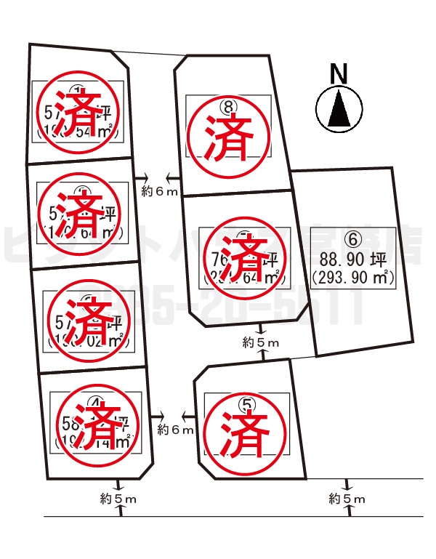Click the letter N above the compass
pyautogui.click(x=338, y=74)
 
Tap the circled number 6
pyautogui.click(x=352, y=238)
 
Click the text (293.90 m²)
pyautogui.click(x=352, y=276)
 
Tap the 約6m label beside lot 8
pyautogui.click(x=159, y=191)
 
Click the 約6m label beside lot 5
pyautogui.click(x=175, y=430)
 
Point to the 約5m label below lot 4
pyautogui.click(x=118, y=499)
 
